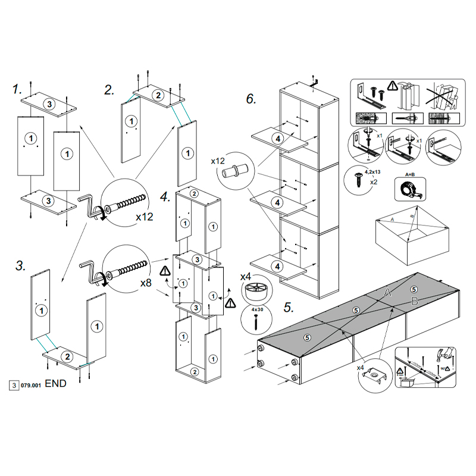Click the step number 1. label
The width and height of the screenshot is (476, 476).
(x=17, y=89)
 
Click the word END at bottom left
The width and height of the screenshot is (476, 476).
(x=55, y=384)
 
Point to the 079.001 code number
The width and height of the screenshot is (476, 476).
(x=30, y=384)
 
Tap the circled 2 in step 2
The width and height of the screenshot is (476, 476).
(x=158, y=95)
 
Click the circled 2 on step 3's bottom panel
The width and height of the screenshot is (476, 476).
(x=68, y=356)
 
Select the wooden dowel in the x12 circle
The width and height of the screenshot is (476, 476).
(x=234, y=171)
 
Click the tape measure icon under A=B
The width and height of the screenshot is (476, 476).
(x=409, y=190)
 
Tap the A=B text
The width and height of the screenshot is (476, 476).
(x=409, y=175)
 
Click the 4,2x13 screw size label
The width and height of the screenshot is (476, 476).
(x=373, y=171)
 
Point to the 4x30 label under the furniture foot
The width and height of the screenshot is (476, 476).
(x=256, y=309)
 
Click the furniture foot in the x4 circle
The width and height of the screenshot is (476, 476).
(x=256, y=293)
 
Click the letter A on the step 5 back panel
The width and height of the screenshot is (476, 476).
(x=387, y=292)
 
